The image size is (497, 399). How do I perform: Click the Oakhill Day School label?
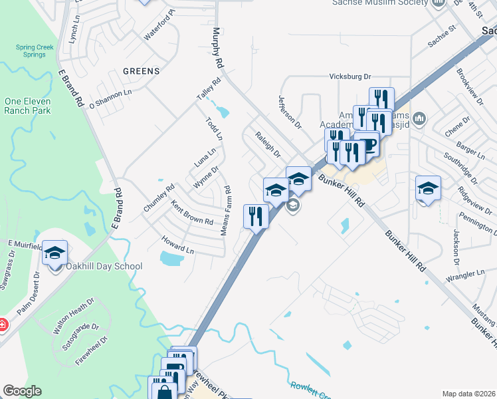[x=104, y=267]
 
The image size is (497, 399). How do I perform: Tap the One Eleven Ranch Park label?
[x=27, y=106]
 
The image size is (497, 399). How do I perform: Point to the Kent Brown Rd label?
[x=192, y=213]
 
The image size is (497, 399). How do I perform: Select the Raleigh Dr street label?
[x=268, y=144]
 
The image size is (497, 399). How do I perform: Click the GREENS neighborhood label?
[x=141, y=71]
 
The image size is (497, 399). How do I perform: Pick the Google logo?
[x=22, y=391]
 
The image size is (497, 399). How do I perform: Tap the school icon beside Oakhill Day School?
[x=54, y=252]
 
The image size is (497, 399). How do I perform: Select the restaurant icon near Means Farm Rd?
[x=256, y=215]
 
